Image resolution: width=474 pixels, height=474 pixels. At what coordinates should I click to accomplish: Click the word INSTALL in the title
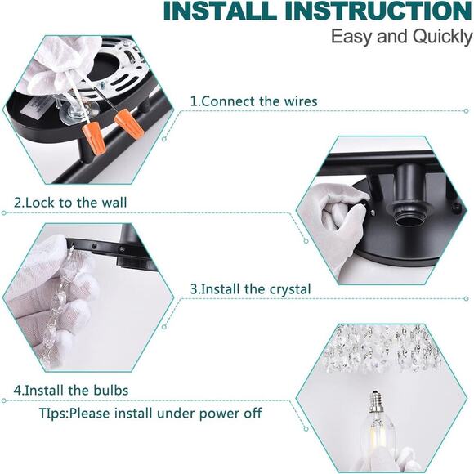(220, 11)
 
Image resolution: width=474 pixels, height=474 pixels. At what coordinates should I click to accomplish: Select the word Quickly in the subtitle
(443, 37)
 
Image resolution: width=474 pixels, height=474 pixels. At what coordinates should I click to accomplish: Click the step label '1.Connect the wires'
(253, 101)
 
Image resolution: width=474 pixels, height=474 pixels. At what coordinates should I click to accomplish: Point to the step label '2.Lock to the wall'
(70, 202)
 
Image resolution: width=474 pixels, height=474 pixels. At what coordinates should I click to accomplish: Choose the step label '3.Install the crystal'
(250, 289)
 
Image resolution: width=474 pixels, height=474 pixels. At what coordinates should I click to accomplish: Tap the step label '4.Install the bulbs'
(71, 390)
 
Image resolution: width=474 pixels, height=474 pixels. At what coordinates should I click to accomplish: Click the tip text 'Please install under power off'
(166, 413)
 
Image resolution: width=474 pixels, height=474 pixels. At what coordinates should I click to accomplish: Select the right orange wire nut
(128, 123)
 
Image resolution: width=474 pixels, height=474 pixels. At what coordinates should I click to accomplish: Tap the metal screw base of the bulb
(377, 402)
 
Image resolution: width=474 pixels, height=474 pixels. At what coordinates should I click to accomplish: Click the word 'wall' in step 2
(114, 202)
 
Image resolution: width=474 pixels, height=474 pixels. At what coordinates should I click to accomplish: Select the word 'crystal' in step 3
(289, 289)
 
